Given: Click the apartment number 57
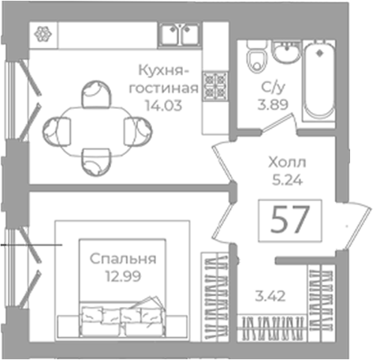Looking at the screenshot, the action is [x=290, y=220].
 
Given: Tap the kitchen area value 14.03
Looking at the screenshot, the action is [x=163, y=106].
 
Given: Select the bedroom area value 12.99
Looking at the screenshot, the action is [x=123, y=276].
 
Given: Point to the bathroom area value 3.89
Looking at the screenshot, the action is [x=273, y=104].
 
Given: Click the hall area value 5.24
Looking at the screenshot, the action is [x=287, y=180].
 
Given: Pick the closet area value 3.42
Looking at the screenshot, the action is [x=270, y=296].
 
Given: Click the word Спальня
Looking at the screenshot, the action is [x=123, y=259].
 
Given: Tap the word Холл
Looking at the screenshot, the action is [x=287, y=163].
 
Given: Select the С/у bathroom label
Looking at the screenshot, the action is [x=273, y=88].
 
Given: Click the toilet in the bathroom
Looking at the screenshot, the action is [x=256, y=57].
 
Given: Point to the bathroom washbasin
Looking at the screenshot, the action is [x=286, y=51].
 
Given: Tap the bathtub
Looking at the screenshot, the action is [x=319, y=81].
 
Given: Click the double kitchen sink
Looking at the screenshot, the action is [x=180, y=35].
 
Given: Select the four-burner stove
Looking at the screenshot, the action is [x=215, y=87].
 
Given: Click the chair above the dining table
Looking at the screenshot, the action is [x=96, y=94].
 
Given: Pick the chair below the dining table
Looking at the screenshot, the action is [x=96, y=162].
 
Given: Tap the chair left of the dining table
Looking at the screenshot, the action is [x=57, y=131].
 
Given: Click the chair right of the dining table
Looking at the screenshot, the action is [x=138, y=131].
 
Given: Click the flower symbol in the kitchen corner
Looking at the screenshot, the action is [x=43, y=34].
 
